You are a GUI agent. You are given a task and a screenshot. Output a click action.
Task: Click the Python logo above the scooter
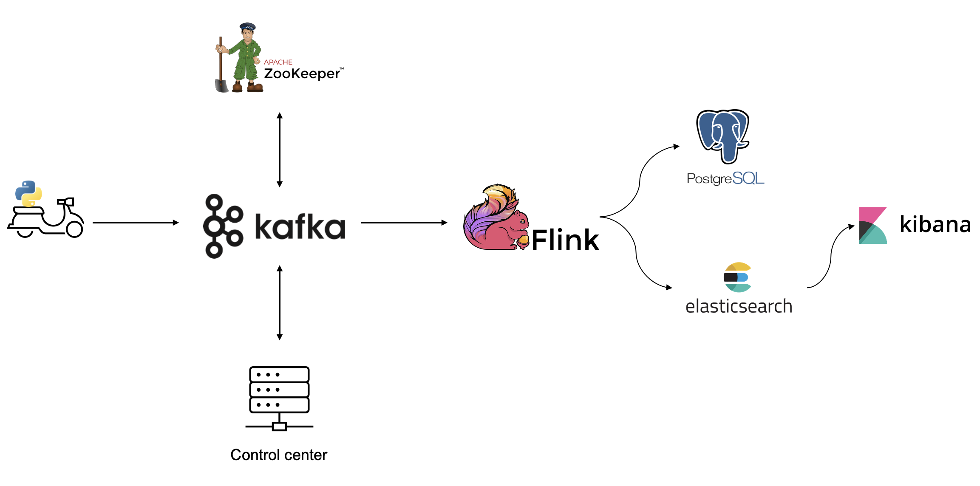pyautogui.click(x=28, y=193)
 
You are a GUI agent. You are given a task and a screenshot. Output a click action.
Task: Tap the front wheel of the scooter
pyautogui.click(x=74, y=229)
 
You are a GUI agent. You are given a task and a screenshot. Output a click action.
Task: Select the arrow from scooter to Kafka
pyautogui.click(x=135, y=223)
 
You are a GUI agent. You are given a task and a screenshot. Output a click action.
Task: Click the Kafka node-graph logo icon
pyautogui.click(x=222, y=226)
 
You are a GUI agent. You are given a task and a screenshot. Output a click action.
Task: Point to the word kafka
pyautogui.click(x=300, y=227)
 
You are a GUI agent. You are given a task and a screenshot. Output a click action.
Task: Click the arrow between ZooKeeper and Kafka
pyautogui.click(x=280, y=150)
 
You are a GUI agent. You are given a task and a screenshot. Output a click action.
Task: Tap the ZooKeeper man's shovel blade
pyautogui.click(x=221, y=85)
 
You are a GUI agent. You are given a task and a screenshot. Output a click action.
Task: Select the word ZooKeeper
pyautogui.click(x=302, y=74)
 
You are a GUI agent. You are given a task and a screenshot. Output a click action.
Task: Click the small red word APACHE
pyautogui.click(x=278, y=62)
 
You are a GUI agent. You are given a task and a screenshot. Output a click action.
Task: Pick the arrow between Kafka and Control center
pyautogui.click(x=280, y=302)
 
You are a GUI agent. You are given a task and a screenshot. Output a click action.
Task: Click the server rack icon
pyautogui.click(x=279, y=398)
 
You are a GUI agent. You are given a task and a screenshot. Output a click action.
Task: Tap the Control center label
pyautogui.click(x=279, y=455)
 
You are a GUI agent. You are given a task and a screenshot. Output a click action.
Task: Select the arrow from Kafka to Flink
pyautogui.click(x=404, y=223)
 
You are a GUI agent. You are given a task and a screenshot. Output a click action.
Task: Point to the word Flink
pyautogui.click(x=565, y=240)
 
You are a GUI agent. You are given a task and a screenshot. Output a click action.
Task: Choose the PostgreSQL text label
pyautogui.click(x=725, y=178)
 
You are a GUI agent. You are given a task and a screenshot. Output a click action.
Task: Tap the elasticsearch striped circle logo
pyautogui.click(x=737, y=277)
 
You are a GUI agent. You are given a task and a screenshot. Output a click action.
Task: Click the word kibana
pyautogui.click(x=935, y=224)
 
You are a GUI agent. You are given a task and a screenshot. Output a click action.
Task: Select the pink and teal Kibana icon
pyautogui.click(x=872, y=225)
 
